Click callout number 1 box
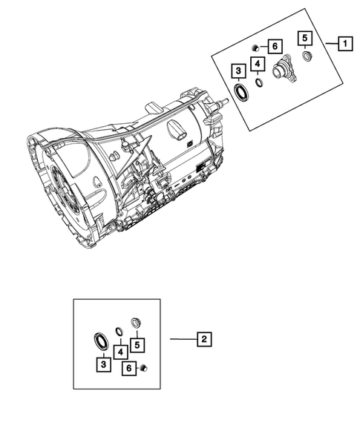tap(344, 44)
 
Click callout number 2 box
tap(203, 339)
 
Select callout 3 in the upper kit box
tap(238, 71)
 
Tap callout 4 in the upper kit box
tap(257, 65)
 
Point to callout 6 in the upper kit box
tap(274, 47)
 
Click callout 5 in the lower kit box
tap(137, 345)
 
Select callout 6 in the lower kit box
tap(128, 368)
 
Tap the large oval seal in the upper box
tap(241, 92)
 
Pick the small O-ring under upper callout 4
tap(258, 82)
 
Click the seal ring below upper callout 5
tap(307, 55)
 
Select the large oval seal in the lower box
tap(99, 340)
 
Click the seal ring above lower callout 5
tap(136, 321)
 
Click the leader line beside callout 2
tap(182, 339)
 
